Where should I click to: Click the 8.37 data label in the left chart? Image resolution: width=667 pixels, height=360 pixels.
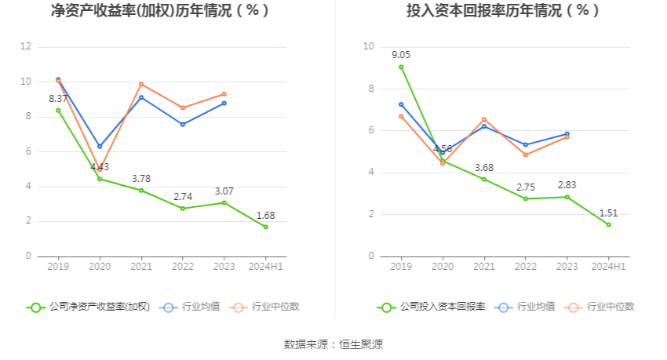click(58, 99)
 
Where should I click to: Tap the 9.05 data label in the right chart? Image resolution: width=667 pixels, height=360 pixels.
click(401, 55)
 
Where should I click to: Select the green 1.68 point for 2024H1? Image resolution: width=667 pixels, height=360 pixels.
click(265, 227)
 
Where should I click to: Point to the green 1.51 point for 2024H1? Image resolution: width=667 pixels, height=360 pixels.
click(608, 224)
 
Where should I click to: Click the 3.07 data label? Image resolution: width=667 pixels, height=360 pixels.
click(224, 191)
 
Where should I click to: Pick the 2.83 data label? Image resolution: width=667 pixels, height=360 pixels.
click(567, 185)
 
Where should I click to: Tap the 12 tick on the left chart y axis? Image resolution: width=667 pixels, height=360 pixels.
click(26, 47)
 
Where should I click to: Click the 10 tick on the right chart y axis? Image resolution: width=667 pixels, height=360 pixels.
click(369, 47)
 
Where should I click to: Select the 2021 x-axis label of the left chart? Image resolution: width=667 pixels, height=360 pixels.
click(141, 267)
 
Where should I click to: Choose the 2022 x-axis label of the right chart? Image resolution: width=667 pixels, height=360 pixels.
click(525, 267)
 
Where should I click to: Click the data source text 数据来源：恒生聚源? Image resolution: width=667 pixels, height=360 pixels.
click(333, 344)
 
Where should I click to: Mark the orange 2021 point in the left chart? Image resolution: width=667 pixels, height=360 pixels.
click(141, 84)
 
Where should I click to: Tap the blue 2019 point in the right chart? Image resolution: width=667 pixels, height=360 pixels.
click(401, 104)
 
